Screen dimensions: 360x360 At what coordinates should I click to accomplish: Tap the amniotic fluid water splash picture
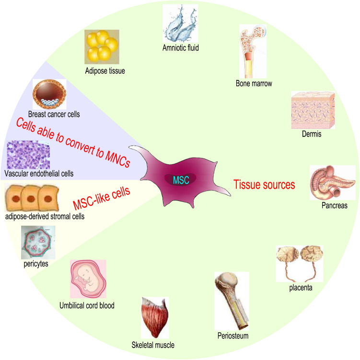click(180, 23)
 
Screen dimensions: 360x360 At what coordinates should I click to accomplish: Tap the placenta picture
click(300, 264)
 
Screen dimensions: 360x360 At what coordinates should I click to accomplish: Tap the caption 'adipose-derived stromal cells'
click(45, 216)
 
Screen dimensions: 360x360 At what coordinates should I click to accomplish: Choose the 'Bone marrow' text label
click(254, 84)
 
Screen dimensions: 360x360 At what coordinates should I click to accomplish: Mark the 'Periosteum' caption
click(232, 335)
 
